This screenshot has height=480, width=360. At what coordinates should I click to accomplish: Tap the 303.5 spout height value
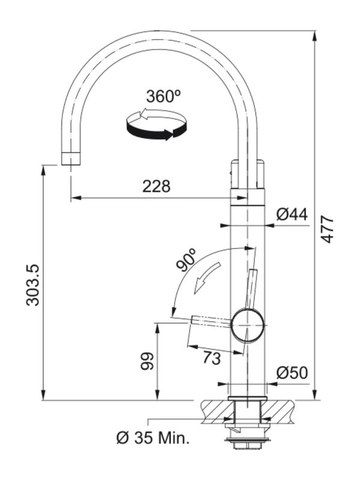tap(32, 285)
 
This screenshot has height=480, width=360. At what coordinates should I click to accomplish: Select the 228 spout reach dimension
tap(156, 186)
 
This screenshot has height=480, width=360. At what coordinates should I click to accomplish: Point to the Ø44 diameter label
tap(292, 214)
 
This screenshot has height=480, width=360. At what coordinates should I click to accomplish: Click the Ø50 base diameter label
tap(292, 373)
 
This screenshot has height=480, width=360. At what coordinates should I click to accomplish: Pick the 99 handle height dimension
tap(148, 361)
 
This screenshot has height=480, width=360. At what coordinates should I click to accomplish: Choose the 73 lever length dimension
tap(211, 358)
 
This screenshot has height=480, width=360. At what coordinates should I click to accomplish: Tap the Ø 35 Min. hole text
tap(153, 438)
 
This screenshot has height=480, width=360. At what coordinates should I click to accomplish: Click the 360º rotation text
tap(163, 96)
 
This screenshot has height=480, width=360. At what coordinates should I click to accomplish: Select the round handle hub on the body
tap(247, 325)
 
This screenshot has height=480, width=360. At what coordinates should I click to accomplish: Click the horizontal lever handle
tap(210, 322)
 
